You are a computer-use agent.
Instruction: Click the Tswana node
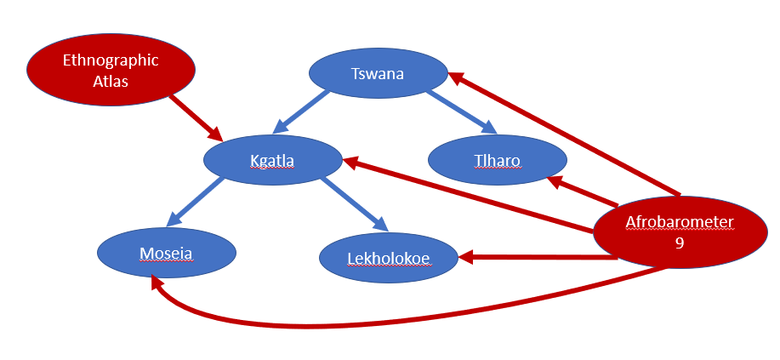point(378,74)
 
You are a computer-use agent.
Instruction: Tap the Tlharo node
point(497,160)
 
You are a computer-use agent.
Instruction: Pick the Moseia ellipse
point(166,253)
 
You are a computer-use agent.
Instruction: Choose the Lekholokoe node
point(389,258)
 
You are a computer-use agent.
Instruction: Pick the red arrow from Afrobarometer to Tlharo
point(583,190)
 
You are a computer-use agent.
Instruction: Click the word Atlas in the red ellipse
point(111,82)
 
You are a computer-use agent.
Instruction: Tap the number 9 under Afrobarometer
point(679,242)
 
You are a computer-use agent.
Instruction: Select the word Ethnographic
point(111,60)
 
